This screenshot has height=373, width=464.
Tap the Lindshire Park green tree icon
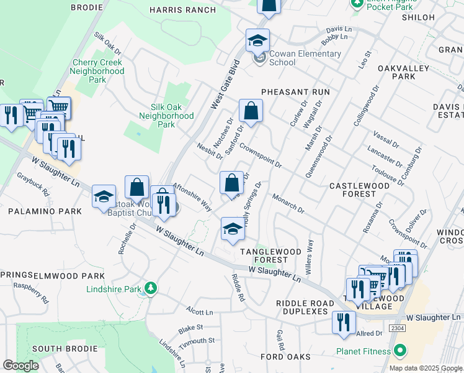(149, 288)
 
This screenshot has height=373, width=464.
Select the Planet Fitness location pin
(401, 351)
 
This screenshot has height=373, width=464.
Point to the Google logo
(20, 366)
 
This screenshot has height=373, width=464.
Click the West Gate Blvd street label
(225, 84)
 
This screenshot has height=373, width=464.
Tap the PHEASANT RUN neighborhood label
(295, 92)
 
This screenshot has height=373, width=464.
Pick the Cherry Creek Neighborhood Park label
(98, 71)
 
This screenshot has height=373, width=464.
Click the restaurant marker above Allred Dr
(342, 322)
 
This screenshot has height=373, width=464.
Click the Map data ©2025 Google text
(426, 368)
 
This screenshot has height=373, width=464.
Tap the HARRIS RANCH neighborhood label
(182, 10)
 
